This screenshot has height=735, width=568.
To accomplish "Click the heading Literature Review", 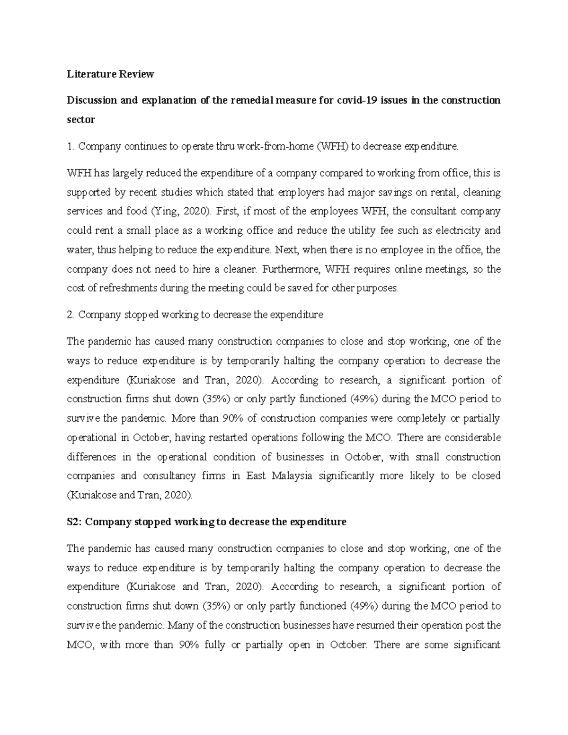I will point(110,74).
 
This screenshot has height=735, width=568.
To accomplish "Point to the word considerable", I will point(471,438).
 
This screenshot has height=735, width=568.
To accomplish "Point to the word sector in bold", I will point(80,120).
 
